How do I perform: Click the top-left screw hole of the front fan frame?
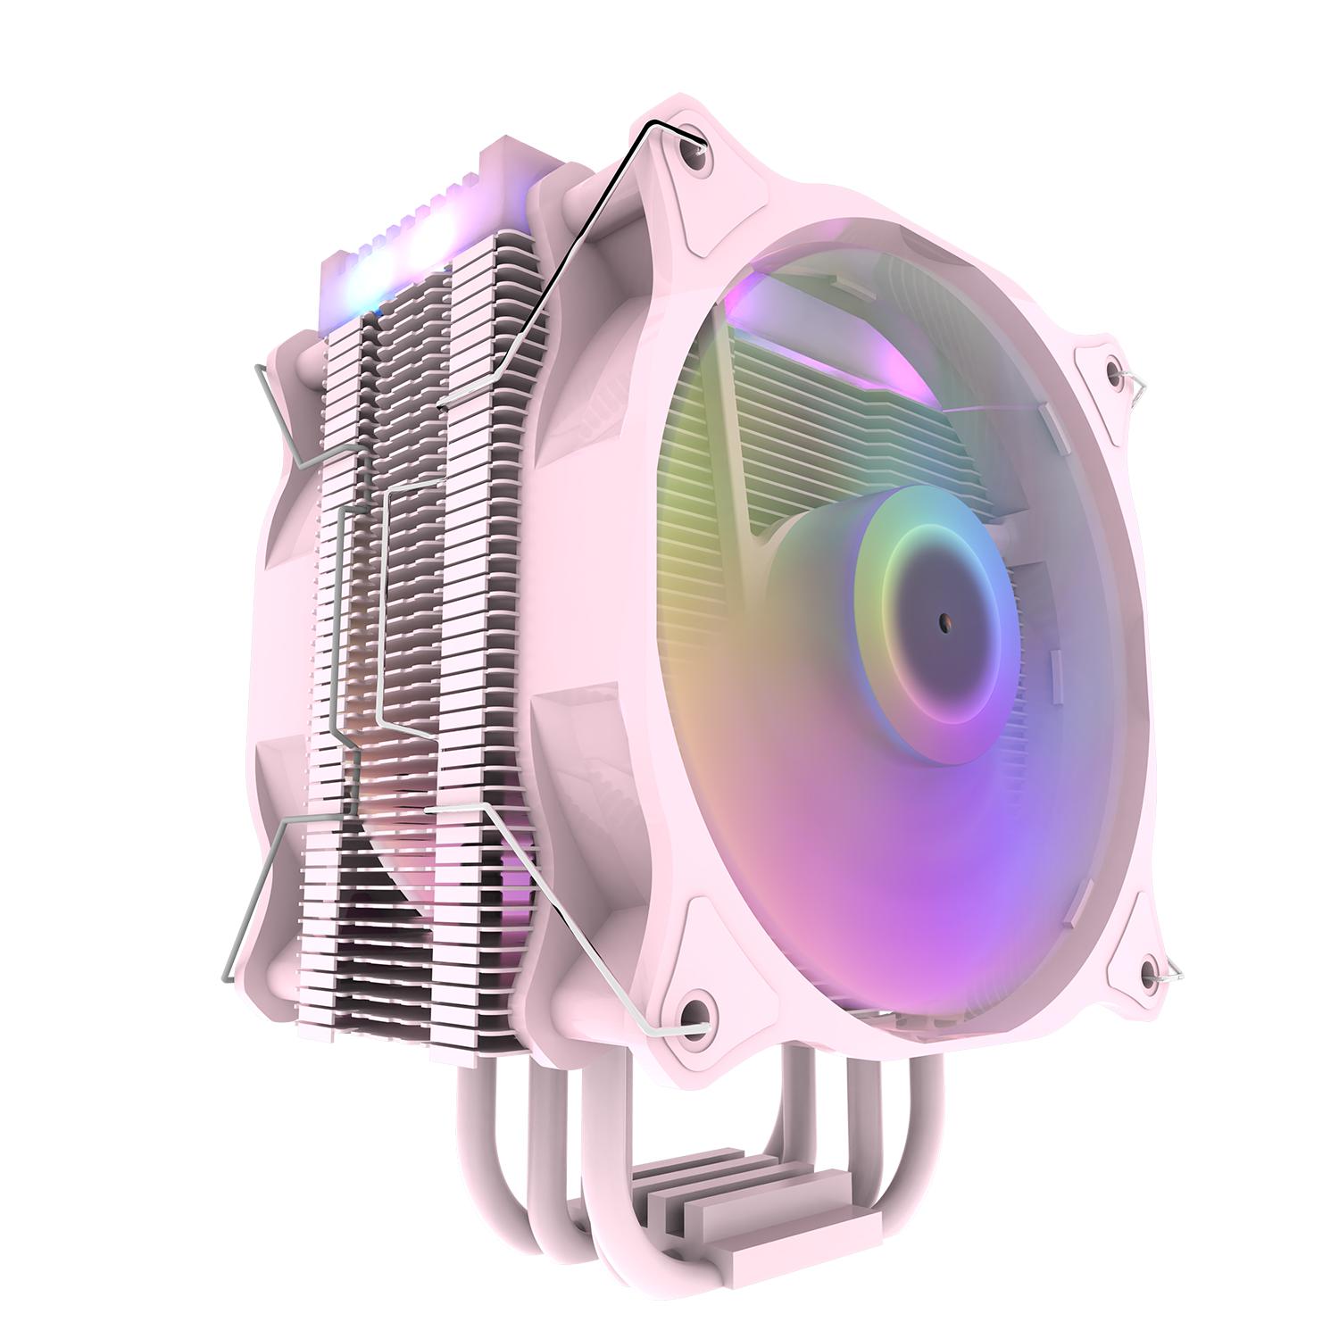[695, 155]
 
